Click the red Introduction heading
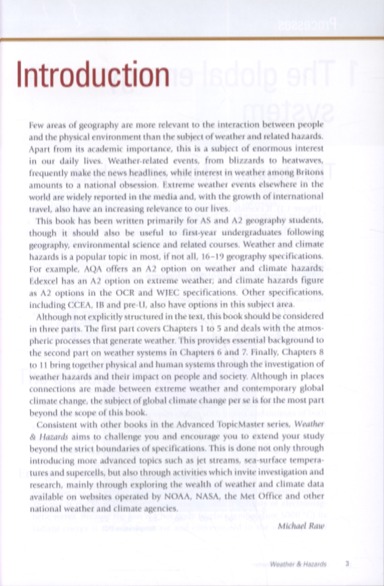click(x=94, y=74)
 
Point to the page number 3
click(x=348, y=563)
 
